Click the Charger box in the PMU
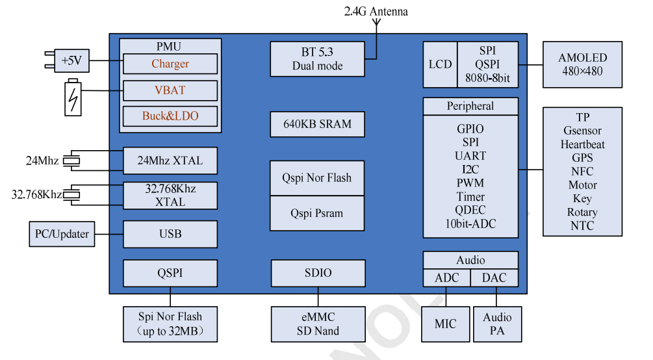(170, 64)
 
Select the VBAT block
(170, 90)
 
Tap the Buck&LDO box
(170, 116)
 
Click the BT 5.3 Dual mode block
(317, 58)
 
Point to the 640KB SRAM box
(317, 124)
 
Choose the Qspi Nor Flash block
(317, 178)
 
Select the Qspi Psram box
(317, 213)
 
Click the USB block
(170, 234)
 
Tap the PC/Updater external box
(62, 234)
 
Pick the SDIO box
(318, 273)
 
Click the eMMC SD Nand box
(318, 324)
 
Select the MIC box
(445, 324)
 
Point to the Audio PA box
(497, 324)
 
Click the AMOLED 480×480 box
(582, 64)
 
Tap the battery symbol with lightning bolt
(73, 97)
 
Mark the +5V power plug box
(71, 61)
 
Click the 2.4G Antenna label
(376, 11)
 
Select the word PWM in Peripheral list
(470, 183)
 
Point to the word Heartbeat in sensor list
(582, 144)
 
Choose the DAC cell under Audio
(495, 278)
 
